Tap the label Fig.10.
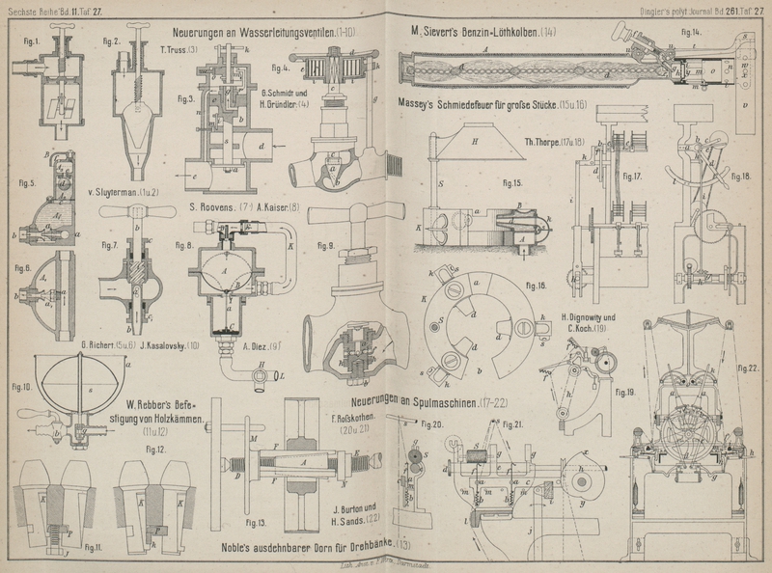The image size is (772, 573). pos(20,388)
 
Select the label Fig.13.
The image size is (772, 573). pos(256,523)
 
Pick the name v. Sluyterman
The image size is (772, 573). pos(113,193)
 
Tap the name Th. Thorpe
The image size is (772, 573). pos(545,142)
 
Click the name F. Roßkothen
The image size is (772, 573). pos(357,420)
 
